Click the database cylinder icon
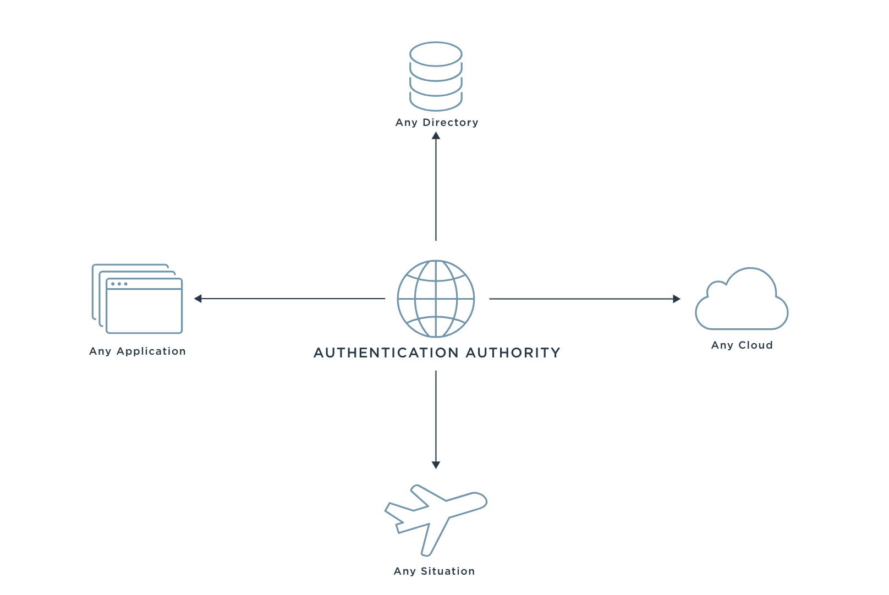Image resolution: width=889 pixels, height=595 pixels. (436, 76)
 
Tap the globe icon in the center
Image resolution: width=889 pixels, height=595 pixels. (436, 299)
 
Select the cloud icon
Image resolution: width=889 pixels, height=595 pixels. (742, 302)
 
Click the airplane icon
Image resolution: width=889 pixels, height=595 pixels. (435, 519)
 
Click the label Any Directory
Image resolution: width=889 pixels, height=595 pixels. (437, 123)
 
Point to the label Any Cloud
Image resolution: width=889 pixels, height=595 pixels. (742, 345)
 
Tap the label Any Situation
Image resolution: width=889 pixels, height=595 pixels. (434, 571)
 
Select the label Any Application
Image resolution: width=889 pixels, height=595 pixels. (138, 351)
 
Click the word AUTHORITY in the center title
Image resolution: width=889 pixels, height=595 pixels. (513, 353)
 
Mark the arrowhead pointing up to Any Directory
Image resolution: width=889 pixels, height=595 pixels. (436, 135)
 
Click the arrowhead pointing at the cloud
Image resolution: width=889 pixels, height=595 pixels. (677, 299)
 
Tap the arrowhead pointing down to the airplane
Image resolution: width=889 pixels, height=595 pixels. (436, 465)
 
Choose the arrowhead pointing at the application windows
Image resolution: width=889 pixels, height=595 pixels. (198, 299)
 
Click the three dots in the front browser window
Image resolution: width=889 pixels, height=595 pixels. (119, 284)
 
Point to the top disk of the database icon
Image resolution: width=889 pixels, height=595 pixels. (436, 54)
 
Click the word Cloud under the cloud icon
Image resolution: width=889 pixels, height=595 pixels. (755, 345)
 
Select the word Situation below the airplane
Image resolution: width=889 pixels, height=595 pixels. (447, 571)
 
